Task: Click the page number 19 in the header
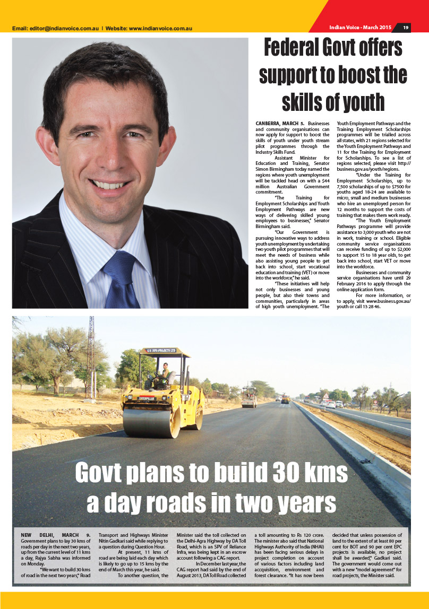(405, 28)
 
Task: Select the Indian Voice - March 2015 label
(360, 28)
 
